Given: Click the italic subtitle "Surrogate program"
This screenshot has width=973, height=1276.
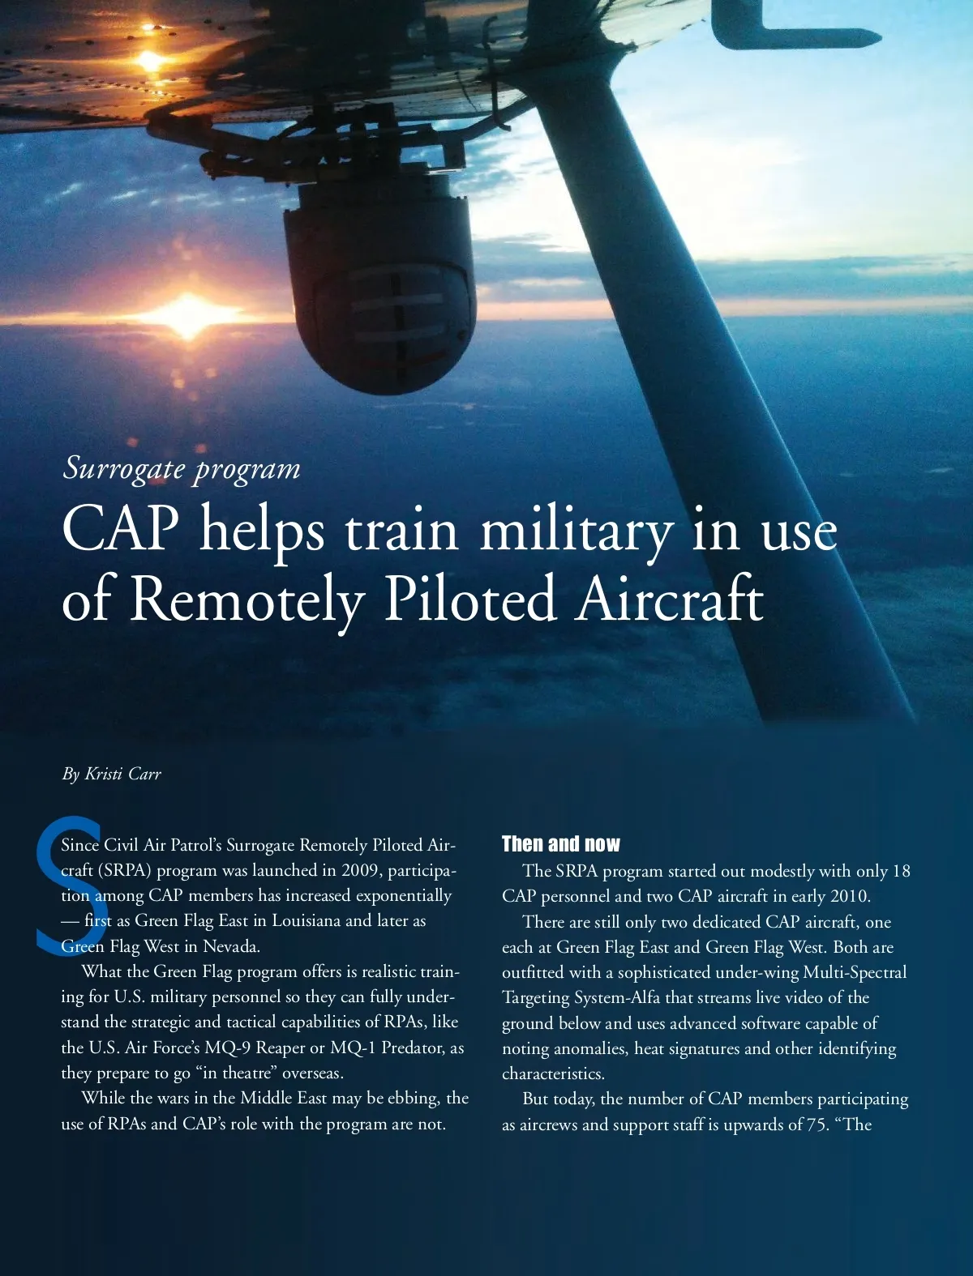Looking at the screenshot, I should pyautogui.click(x=182, y=468).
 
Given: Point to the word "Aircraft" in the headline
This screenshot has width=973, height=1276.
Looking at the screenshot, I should pyautogui.click(x=669, y=600).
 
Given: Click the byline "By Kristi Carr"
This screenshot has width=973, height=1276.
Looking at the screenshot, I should pyautogui.click(x=112, y=774).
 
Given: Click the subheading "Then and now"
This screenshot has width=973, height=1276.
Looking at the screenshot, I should pyautogui.click(x=560, y=844).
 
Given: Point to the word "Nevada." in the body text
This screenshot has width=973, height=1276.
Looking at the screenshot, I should pyautogui.click(x=231, y=945).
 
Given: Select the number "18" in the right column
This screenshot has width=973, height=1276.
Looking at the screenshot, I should pyautogui.click(x=901, y=871).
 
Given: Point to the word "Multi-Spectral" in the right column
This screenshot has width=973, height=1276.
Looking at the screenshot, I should pyautogui.click(x=855, y=972).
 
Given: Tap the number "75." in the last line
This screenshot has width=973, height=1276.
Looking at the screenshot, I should pyautogui.click(x=817, y=1125).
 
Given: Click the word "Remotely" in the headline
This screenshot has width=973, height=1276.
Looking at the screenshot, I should pyautogui.click(x=247, y=600).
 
